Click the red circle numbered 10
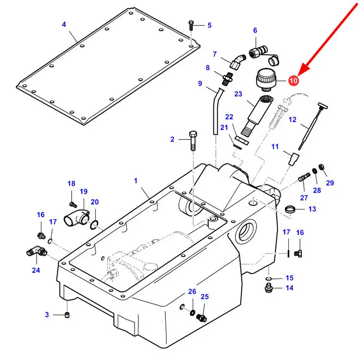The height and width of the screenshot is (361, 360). coord(293,81)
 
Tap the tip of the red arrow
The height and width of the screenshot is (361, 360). coord(298,75)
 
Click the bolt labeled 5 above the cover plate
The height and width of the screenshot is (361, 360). coord(191,25)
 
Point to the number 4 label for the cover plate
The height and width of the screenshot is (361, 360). coord(64,25)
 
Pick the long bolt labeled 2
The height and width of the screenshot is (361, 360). coord(193,141)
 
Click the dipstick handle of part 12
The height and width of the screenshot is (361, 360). coord(323,106)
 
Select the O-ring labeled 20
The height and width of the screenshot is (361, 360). coord(94,225)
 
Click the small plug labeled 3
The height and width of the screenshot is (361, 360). coord(67,315)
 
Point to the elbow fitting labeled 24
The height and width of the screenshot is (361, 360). coord(37,251)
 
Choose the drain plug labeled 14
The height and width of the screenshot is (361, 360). coord(269,288)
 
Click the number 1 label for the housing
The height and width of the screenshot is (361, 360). coord(136,181)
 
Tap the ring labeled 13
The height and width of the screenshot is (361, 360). coord(290,209)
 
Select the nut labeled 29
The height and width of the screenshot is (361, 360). coord(322,167)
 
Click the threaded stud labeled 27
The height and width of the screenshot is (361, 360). coord(304,177)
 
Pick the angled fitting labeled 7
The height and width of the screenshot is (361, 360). coord(237,61)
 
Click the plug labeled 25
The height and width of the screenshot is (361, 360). coord(202,318)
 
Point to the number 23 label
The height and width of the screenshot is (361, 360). coord(238,94)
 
